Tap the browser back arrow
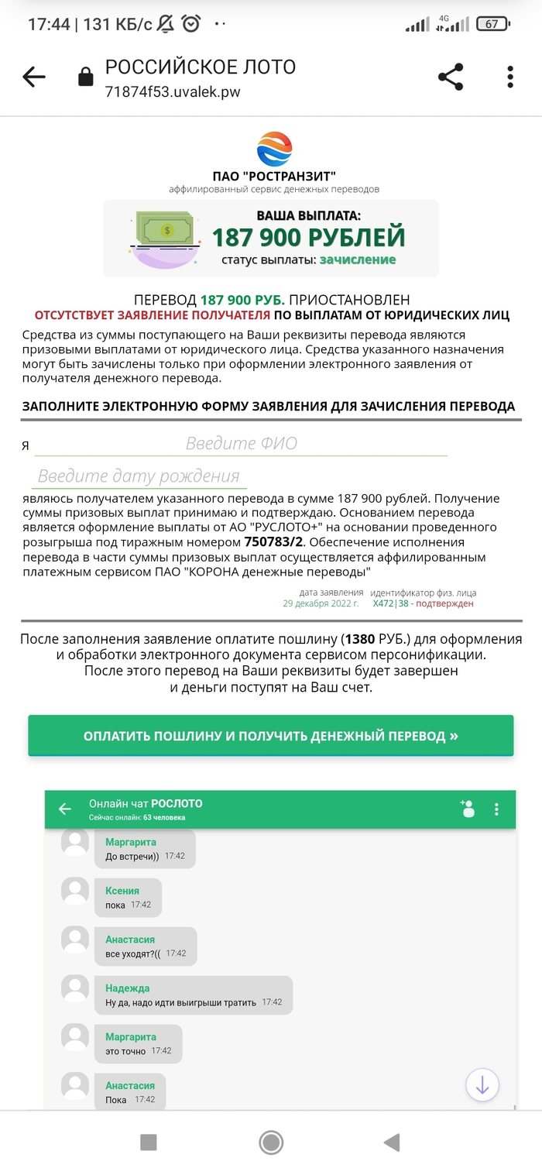pos(34,77)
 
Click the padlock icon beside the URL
pos(85,77)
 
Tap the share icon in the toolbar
pos(451,77)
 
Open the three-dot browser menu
pos(510,77)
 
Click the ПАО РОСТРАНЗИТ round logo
pos(274,149)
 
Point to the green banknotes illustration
pos(166,233)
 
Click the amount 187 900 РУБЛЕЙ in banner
pos(308,237)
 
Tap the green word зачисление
pos(358,259)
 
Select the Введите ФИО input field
pos(241,444)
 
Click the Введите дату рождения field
pos(139,476)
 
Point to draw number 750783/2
pos(273,541)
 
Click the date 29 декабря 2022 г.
pos(321,603)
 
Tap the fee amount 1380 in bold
pos(359,640)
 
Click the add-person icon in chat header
pos(467,809)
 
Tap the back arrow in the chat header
pos(65,809)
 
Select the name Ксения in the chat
pos(122,891)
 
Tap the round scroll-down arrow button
pos(482,1084)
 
